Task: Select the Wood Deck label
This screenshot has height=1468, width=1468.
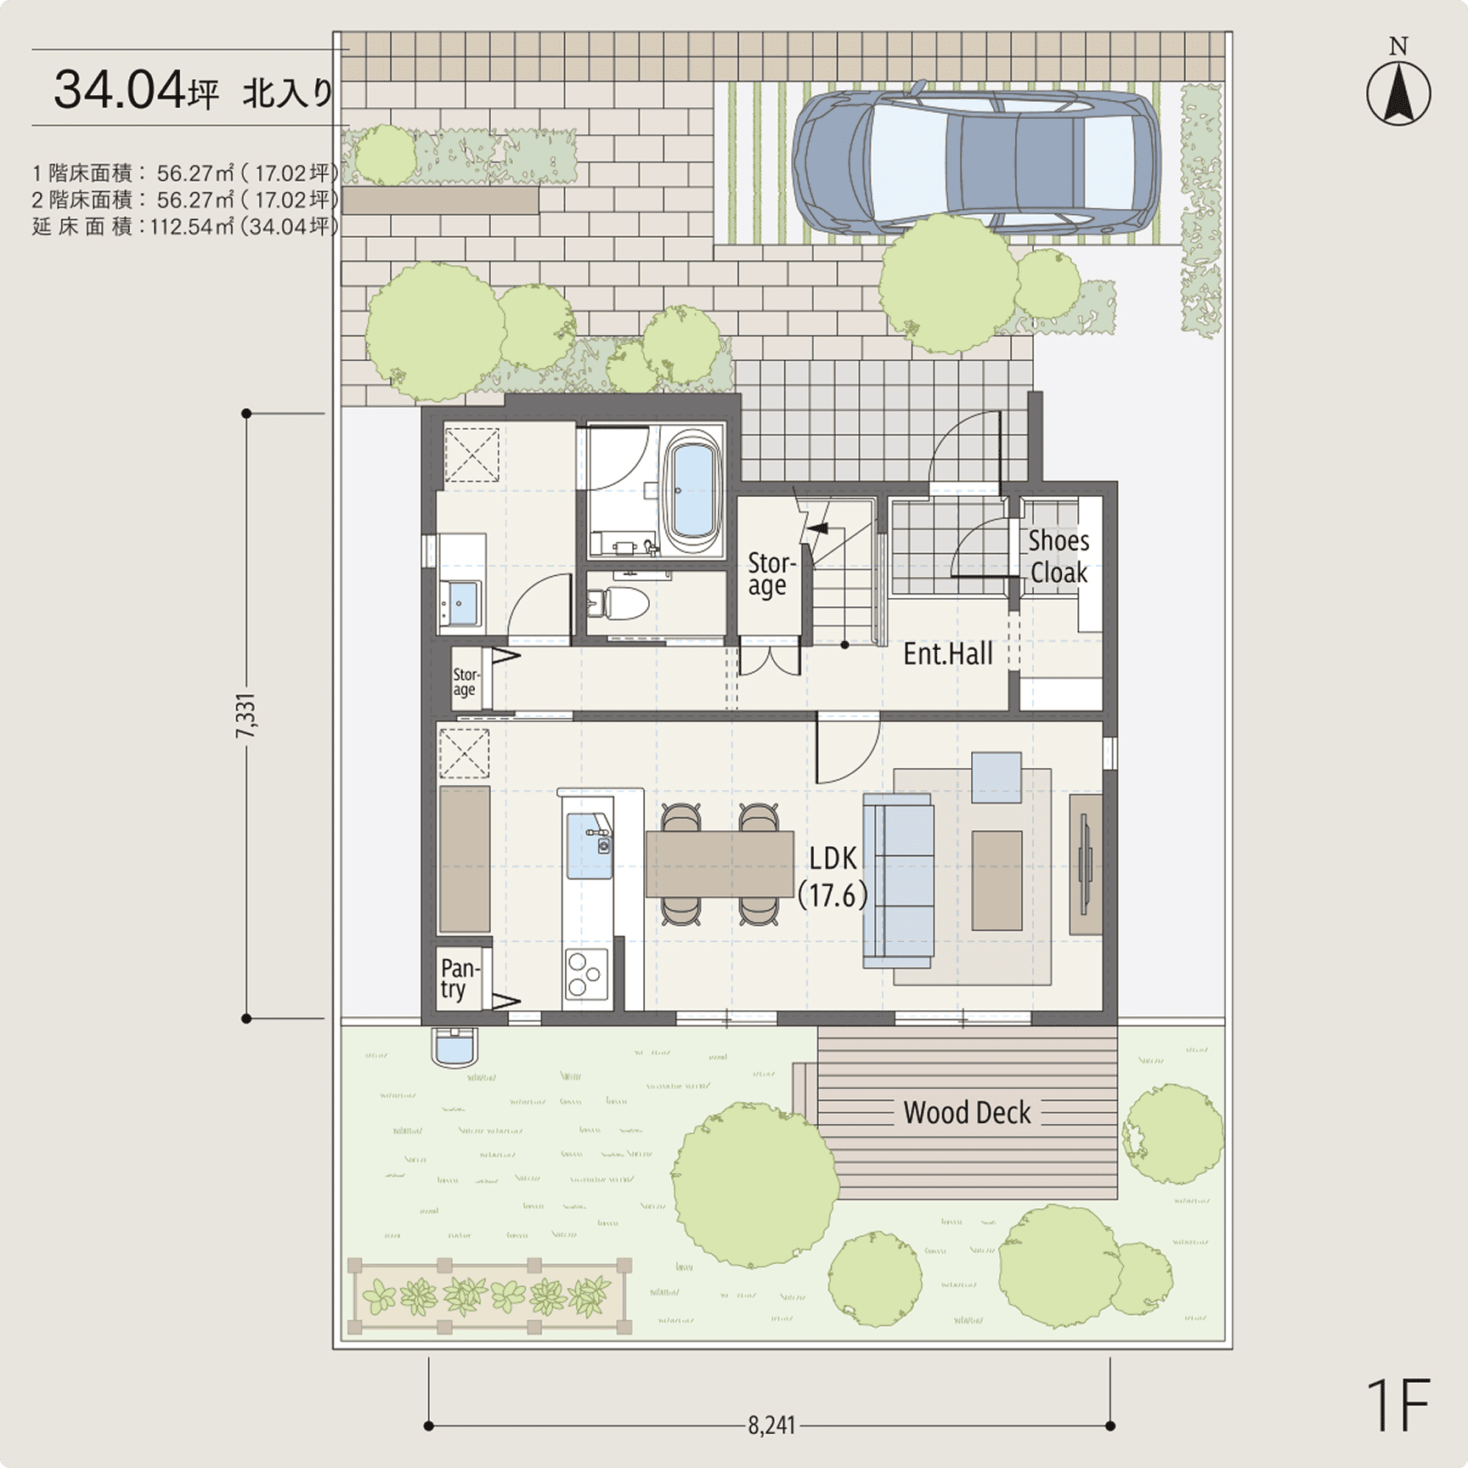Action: click(967, 1113)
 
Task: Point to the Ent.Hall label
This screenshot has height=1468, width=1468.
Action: click(948, 653)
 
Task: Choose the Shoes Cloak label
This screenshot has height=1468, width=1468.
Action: click(1059, 556)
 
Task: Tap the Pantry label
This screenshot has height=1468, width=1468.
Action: click(460, 979)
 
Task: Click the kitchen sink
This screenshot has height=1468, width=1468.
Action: click(590, 845)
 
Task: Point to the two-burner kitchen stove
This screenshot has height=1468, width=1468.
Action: click(585, 974)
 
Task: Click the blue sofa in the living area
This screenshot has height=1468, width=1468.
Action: click(899, 880)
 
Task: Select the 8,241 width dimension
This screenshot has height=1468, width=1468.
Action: click(771, 1425)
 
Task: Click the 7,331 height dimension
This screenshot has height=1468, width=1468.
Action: click(246, 715)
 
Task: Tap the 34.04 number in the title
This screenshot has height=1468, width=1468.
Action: click(119, 90)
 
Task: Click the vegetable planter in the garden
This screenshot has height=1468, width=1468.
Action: click(490, 1296)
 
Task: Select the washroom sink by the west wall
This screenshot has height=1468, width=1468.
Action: click(461, 604)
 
